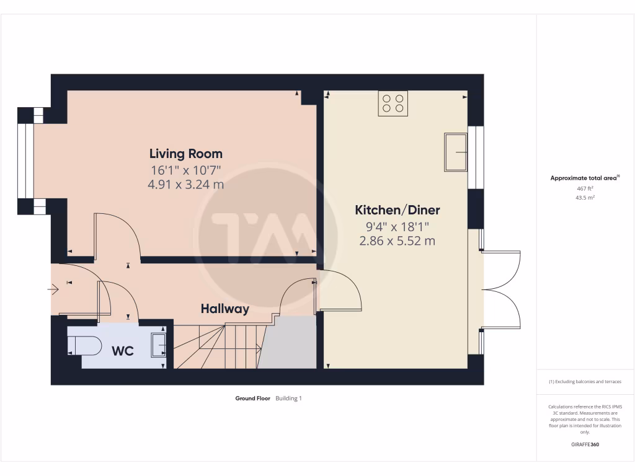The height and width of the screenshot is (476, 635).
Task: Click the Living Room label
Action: point(185,154)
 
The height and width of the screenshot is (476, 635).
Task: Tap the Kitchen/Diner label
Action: point(397,210)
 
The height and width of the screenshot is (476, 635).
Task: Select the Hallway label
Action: point(224,309)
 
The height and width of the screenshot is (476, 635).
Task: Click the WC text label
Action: point(123,351)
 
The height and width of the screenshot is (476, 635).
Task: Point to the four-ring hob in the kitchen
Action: point(393,104)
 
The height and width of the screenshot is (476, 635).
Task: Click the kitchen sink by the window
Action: point(455,152)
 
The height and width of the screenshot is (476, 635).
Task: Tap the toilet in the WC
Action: point(85,346)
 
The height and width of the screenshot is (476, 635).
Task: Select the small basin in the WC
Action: point(159,346)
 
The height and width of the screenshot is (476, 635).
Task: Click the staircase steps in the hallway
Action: point(217,346)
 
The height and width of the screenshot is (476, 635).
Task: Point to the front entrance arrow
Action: point(54,288)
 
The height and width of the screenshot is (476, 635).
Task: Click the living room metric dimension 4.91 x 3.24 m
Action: point(185,184)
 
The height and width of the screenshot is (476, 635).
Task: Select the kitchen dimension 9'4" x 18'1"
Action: point(397,227)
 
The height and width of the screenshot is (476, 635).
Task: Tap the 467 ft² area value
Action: point(585,188)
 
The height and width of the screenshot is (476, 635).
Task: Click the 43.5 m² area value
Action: point(585,198)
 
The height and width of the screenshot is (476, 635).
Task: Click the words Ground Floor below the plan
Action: point(252,399)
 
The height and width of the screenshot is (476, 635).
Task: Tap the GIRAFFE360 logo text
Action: point(585,444)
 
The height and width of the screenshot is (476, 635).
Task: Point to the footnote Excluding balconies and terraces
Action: point(585,382)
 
